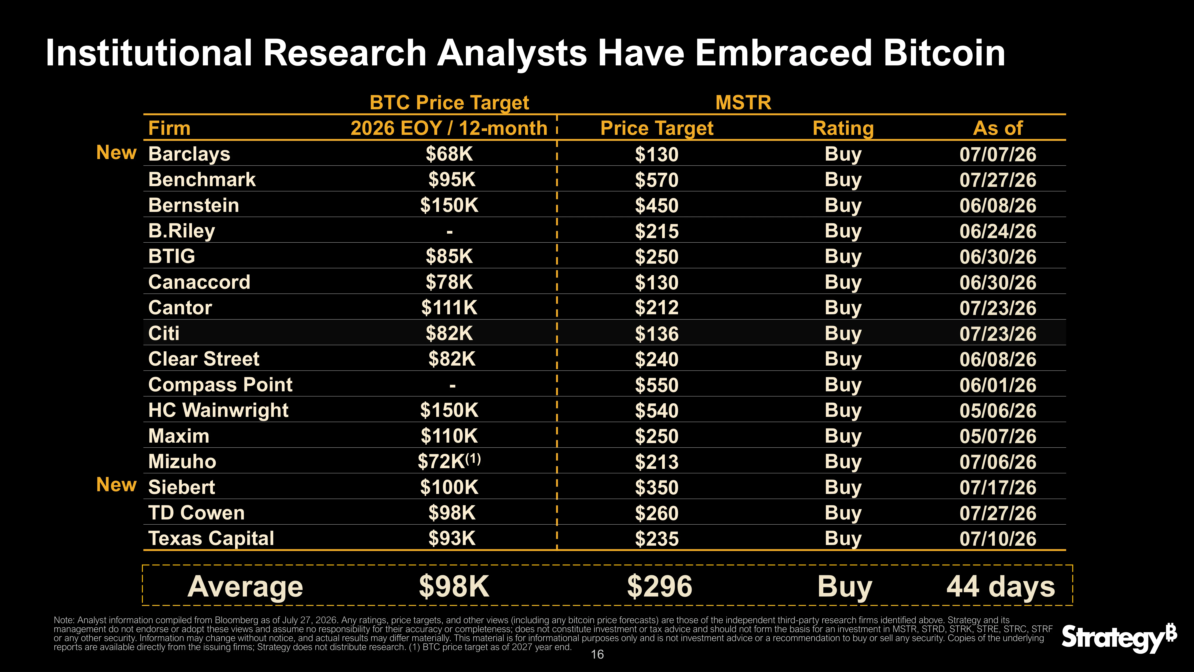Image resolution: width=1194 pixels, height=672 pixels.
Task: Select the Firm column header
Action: (x=169, y=128)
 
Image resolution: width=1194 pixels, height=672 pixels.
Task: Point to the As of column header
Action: (x=998, y=128)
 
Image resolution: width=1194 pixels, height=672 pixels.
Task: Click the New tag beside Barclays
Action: (x=116, y=153)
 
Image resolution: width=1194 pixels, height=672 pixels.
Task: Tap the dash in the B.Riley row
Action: (x=449, y=231)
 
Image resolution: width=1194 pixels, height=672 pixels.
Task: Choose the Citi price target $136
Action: (x=657, y=334)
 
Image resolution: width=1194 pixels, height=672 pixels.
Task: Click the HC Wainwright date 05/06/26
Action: (x=998, y=410)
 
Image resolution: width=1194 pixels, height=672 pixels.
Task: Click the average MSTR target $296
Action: (x=660, y=587)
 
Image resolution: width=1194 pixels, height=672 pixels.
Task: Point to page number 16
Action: (x=597, y=654)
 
